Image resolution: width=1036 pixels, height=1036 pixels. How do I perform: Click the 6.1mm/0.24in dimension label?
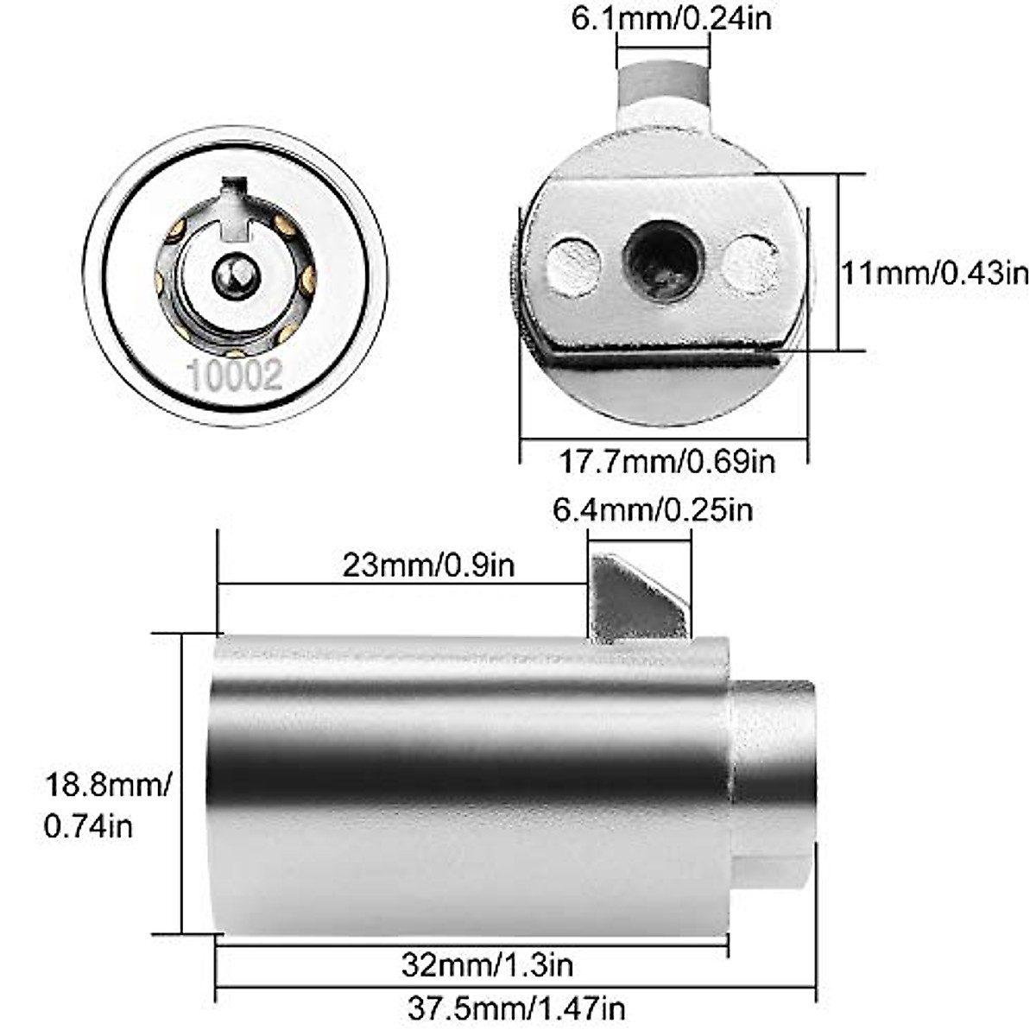point(672,19)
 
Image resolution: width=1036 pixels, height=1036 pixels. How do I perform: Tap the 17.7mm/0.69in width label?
point(666,461)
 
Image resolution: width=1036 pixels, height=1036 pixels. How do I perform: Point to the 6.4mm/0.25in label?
point(653,509)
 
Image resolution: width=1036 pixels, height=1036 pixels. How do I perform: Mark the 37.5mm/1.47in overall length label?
point(515,1007)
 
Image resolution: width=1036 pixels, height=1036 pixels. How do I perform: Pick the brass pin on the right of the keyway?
point(307,278)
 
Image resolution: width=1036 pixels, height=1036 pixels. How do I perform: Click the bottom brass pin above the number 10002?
point(235,351)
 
